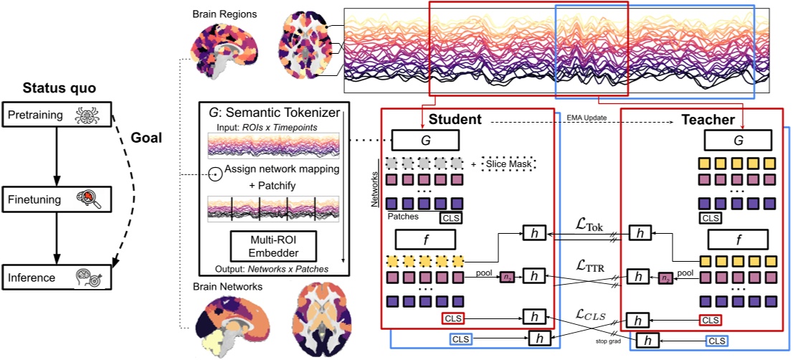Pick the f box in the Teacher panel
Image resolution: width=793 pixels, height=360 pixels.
[741, 239]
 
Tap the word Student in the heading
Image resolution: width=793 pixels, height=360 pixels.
[455, 120]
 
